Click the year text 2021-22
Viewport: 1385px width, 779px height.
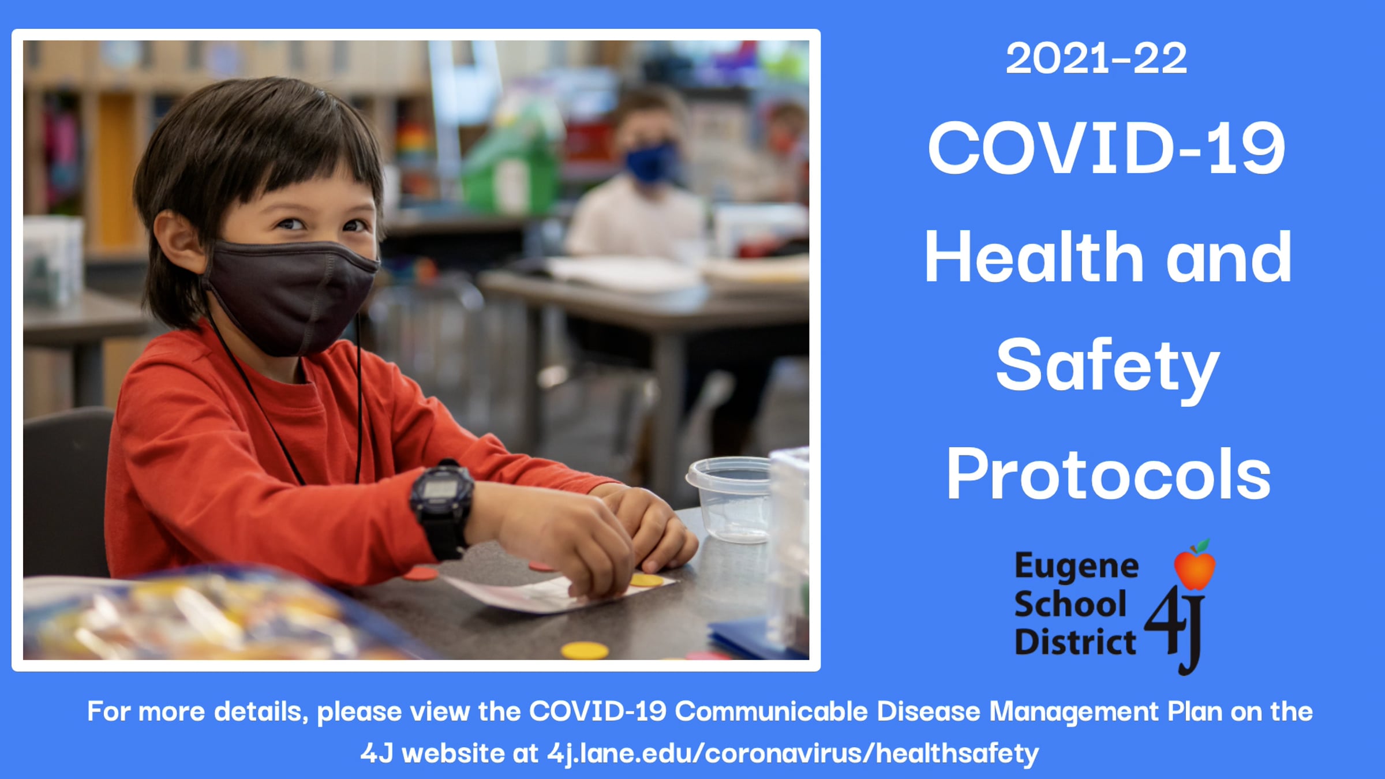[1096, 58]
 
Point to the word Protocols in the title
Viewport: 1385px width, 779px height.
[1108, 474]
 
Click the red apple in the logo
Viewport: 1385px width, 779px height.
[1195, 565]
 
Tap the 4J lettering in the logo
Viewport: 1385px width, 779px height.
[1175, 629]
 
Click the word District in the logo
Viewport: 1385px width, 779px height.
[1075, 642]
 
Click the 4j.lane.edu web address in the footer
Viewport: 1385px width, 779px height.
[793, 754]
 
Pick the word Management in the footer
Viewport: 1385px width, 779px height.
[1074, 712]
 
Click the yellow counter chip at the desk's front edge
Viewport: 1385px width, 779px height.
[585, 650]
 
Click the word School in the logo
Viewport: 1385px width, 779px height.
[1070, 605]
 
